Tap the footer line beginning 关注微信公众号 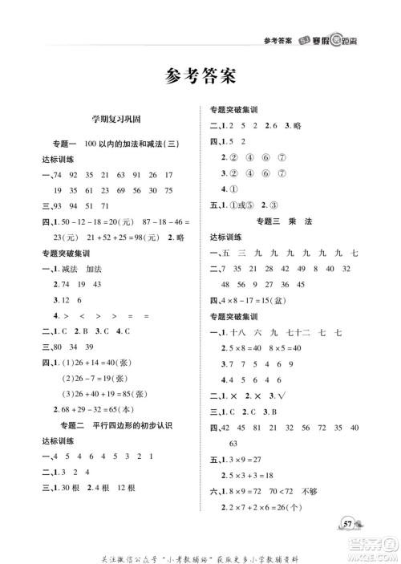[x=200, y=549]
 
